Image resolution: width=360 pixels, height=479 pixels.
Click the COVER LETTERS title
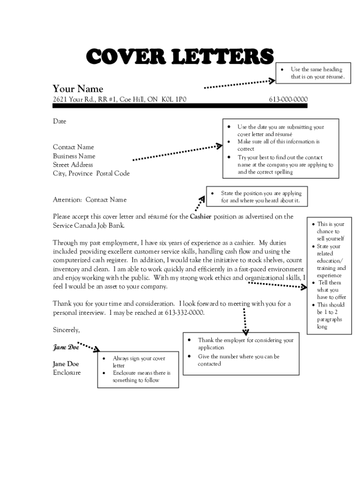180,57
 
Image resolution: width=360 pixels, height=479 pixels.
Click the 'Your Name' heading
78,89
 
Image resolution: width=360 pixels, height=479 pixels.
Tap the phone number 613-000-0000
288,99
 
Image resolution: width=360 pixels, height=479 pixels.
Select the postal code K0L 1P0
174,99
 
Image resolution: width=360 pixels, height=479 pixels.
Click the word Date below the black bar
59,121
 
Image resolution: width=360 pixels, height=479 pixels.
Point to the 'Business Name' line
74,156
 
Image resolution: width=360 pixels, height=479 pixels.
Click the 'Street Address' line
73,165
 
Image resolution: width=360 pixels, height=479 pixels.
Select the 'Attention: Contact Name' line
89,200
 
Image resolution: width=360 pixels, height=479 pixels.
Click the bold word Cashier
201,217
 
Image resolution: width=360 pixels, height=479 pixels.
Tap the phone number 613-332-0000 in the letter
184,312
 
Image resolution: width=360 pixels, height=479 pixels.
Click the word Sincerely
66,330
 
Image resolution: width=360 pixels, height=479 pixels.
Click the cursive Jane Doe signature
65,347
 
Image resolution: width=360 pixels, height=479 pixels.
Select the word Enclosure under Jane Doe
66,372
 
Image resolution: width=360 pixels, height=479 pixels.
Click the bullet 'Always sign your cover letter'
138,362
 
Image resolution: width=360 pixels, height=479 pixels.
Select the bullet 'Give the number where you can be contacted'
238,360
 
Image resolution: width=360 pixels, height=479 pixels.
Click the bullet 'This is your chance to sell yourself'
331,231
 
